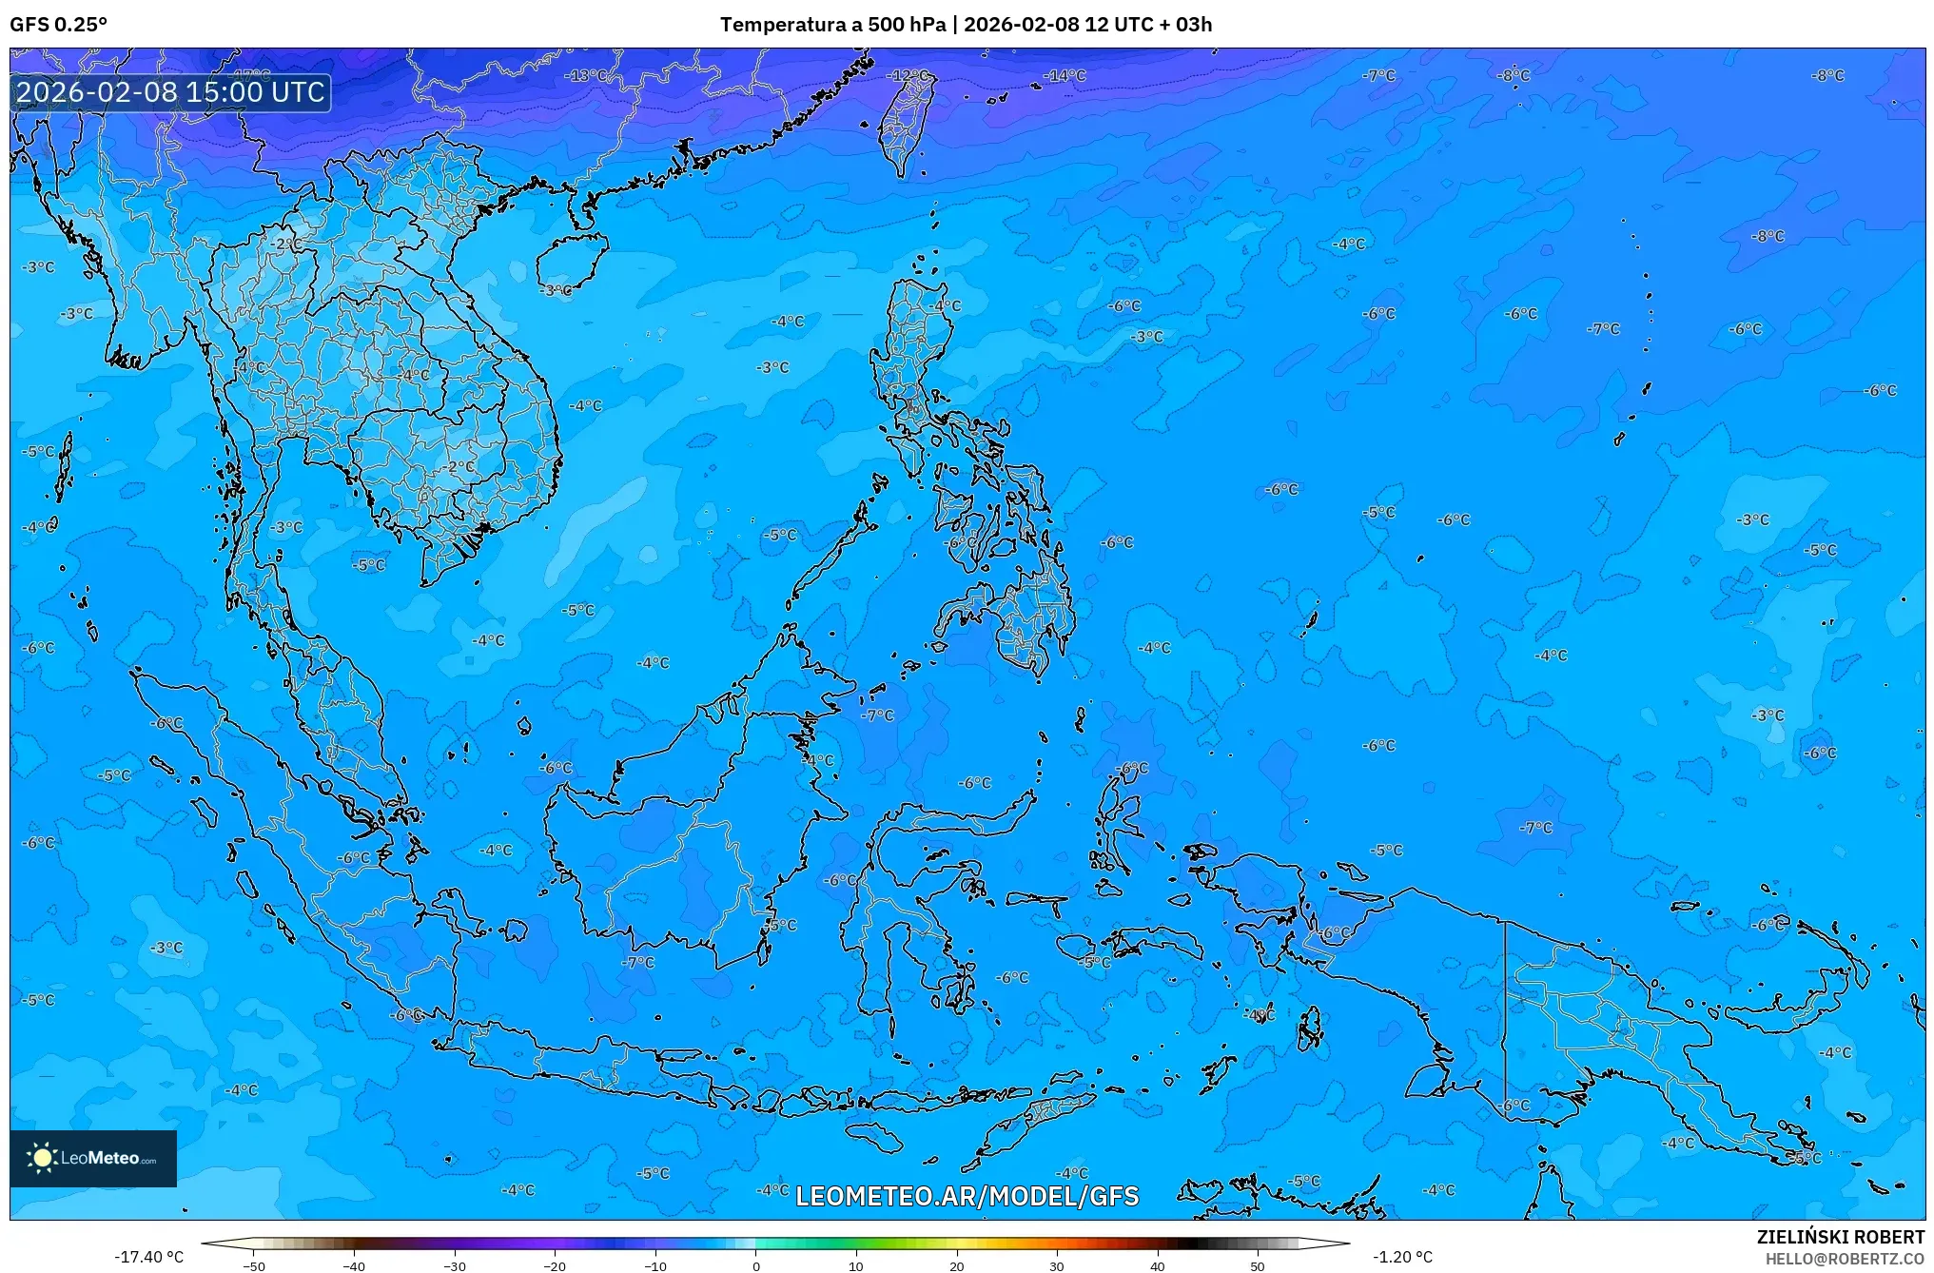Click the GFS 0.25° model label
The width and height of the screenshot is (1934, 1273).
(58, 25)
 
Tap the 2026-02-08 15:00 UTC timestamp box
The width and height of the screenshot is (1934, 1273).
(170, 92)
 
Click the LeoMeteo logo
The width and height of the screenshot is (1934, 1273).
(93, 1158)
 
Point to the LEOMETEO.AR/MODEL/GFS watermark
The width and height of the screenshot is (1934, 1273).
(967, 1196)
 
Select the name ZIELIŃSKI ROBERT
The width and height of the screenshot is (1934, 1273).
(1840, 1237)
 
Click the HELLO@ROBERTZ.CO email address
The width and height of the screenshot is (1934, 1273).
(1845, 1258)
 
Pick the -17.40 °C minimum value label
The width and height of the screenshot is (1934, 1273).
(148, 1258)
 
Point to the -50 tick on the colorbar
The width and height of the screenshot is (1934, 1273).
(254, 1265)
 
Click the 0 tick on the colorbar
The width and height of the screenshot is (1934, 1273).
(756, 1265)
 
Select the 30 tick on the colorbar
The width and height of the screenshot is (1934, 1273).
(1057, 1265)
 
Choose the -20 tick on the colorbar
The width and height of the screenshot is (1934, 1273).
(555, 1265)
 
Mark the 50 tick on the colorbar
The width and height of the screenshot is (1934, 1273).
(1258, 1265)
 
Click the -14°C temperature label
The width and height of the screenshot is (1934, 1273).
(1064, 75)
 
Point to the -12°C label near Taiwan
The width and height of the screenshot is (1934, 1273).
(908, 75)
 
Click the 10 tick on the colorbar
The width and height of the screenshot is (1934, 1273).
(856, 1265)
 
